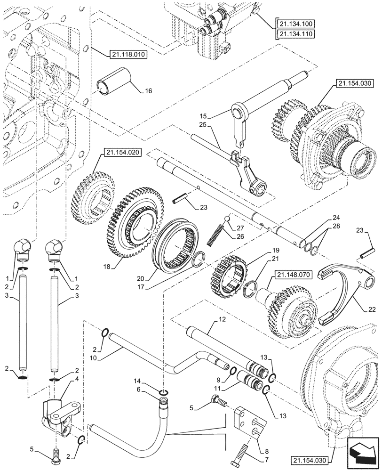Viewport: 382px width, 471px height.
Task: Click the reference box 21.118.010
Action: click(x=128, y=54)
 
